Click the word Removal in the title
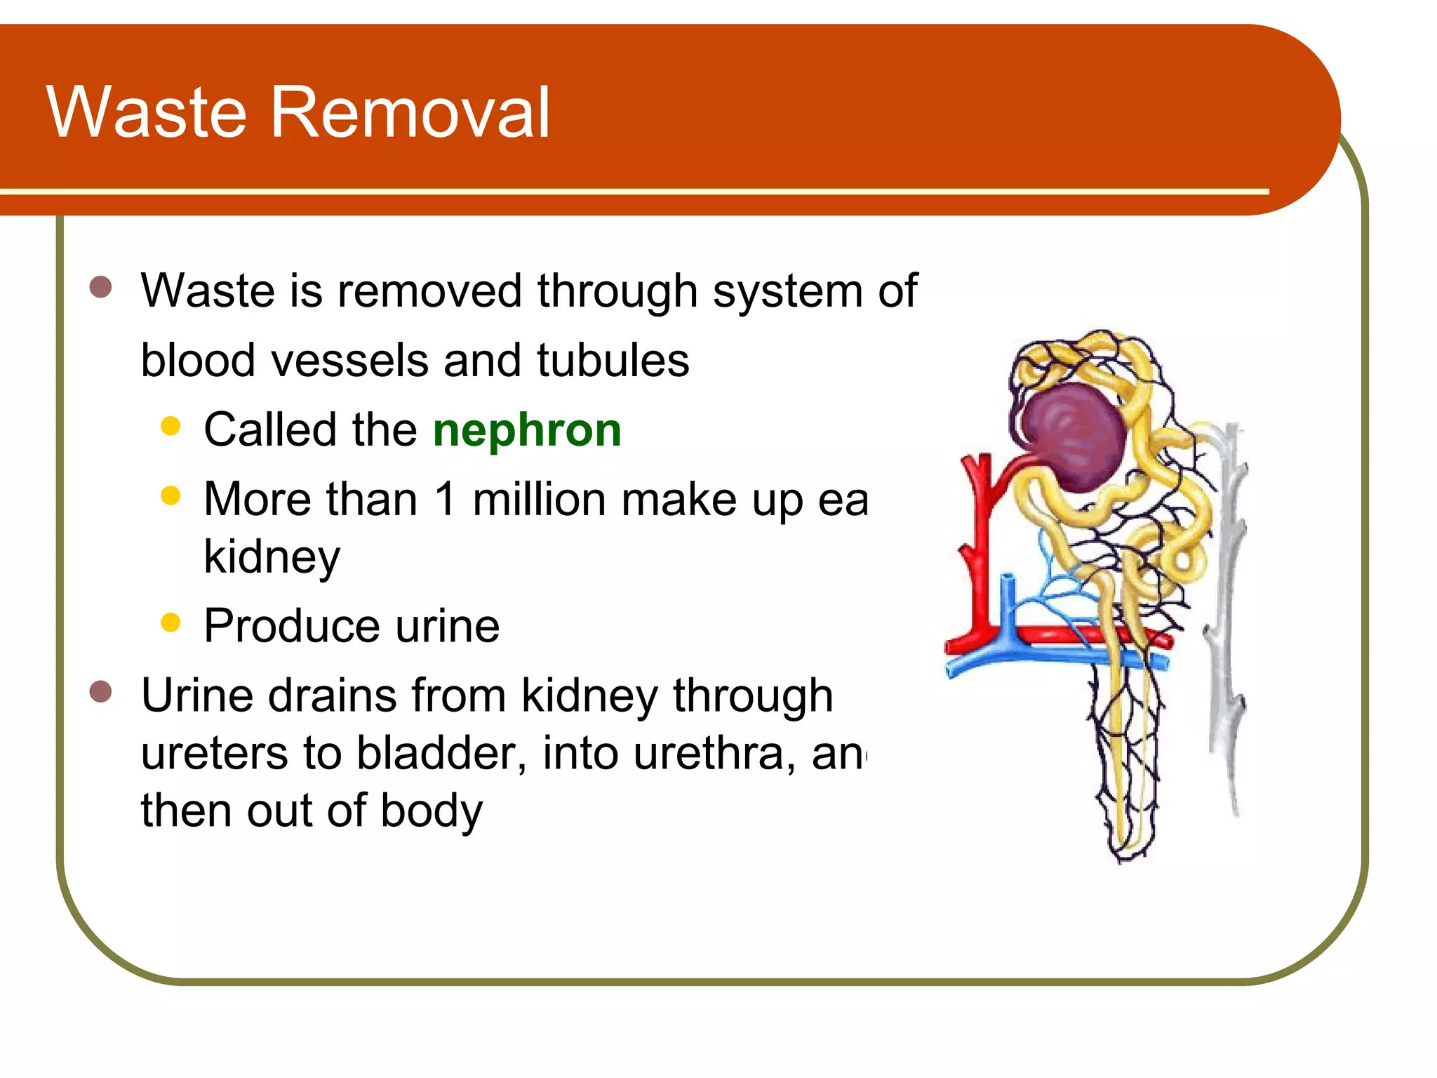(410, 112)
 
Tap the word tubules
(613, 361)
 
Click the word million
(540, 500)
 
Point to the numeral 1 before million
(445, 500)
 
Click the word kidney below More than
(272, 558)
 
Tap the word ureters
(215, 753)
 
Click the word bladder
(441, 753)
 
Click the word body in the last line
(431, 811)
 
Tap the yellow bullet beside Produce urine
(171, 623)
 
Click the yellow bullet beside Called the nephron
(171, 426)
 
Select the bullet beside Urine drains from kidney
(101, 691)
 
